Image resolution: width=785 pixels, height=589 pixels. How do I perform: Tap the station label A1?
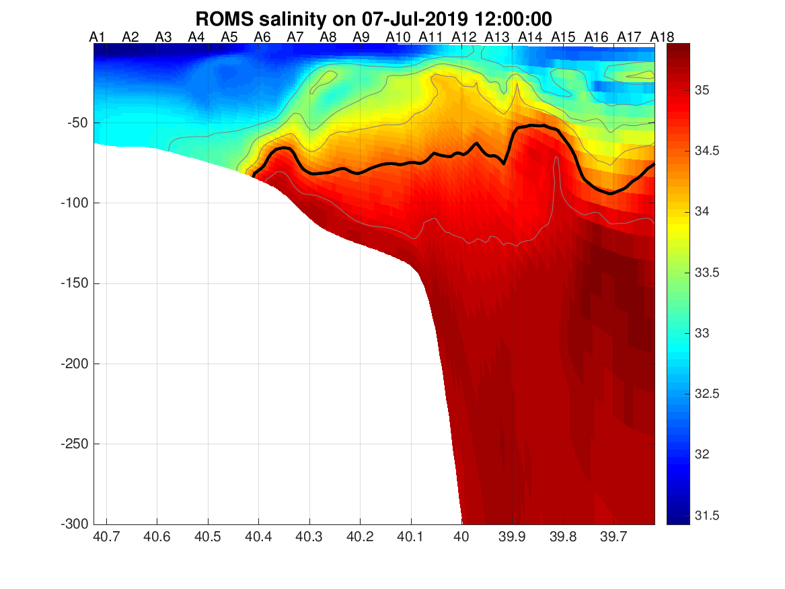coord(98,37)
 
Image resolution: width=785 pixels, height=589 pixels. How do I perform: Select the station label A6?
coord(262,37)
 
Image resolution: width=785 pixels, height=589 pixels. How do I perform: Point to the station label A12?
coord(464,37)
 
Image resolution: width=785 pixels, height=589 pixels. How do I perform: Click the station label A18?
coord(662,37)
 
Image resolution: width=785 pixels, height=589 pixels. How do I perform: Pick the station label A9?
coord(361,37)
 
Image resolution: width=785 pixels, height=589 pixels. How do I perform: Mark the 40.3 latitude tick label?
coord(309,538)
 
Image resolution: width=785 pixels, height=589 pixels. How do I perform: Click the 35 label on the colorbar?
coord(702,90)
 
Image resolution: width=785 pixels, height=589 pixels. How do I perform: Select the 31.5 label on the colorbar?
coord(706,516)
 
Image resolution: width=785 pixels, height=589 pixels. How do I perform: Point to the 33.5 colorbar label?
coord(706,273)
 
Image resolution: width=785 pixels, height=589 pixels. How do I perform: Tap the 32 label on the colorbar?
coord(702,454)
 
